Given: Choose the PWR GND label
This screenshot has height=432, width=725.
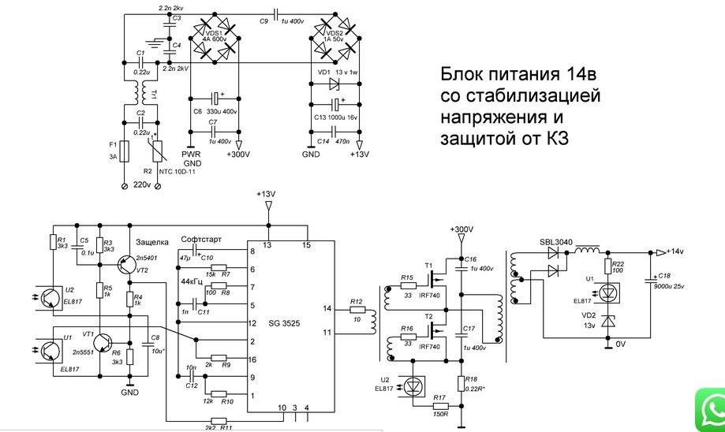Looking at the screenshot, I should pyautogui.click(x=192, y=158).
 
